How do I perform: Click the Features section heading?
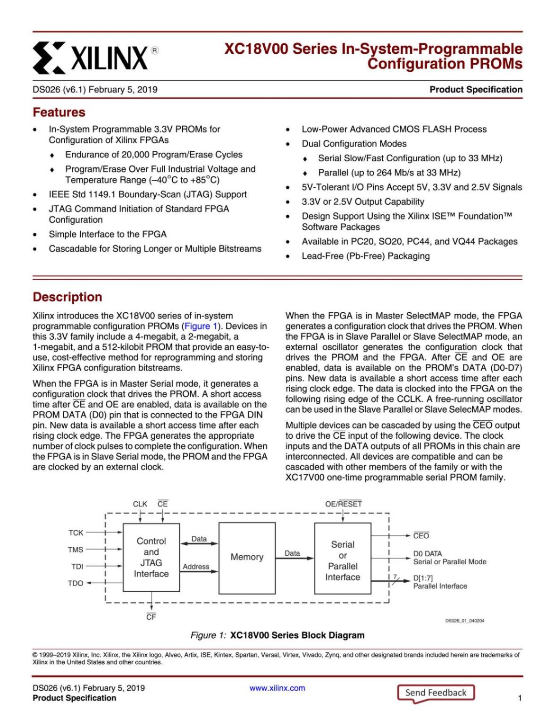(x=59, y=112)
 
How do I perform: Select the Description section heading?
(x=67, y=297)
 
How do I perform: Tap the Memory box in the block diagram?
(x=247, y=558)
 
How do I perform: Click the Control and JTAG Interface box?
(x=151, y=558)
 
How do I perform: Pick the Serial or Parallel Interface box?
(x=343, y=560)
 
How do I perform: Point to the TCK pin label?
(x=76, y=533)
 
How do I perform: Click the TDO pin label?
(x=76, y=584)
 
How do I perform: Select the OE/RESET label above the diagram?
(x=343, y=504)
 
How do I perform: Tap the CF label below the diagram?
(x=151, y=617)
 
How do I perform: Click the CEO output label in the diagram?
(x=421, y=536)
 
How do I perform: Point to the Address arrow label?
(x=196, y=567)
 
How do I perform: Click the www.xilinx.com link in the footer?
(x=277, y=688)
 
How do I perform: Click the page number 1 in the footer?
(x=520, y=698)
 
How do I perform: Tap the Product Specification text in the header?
(x=476, y=90)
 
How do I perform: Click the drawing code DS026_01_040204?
(x=464, y=621)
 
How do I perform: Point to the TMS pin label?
(x=76, y=550)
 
